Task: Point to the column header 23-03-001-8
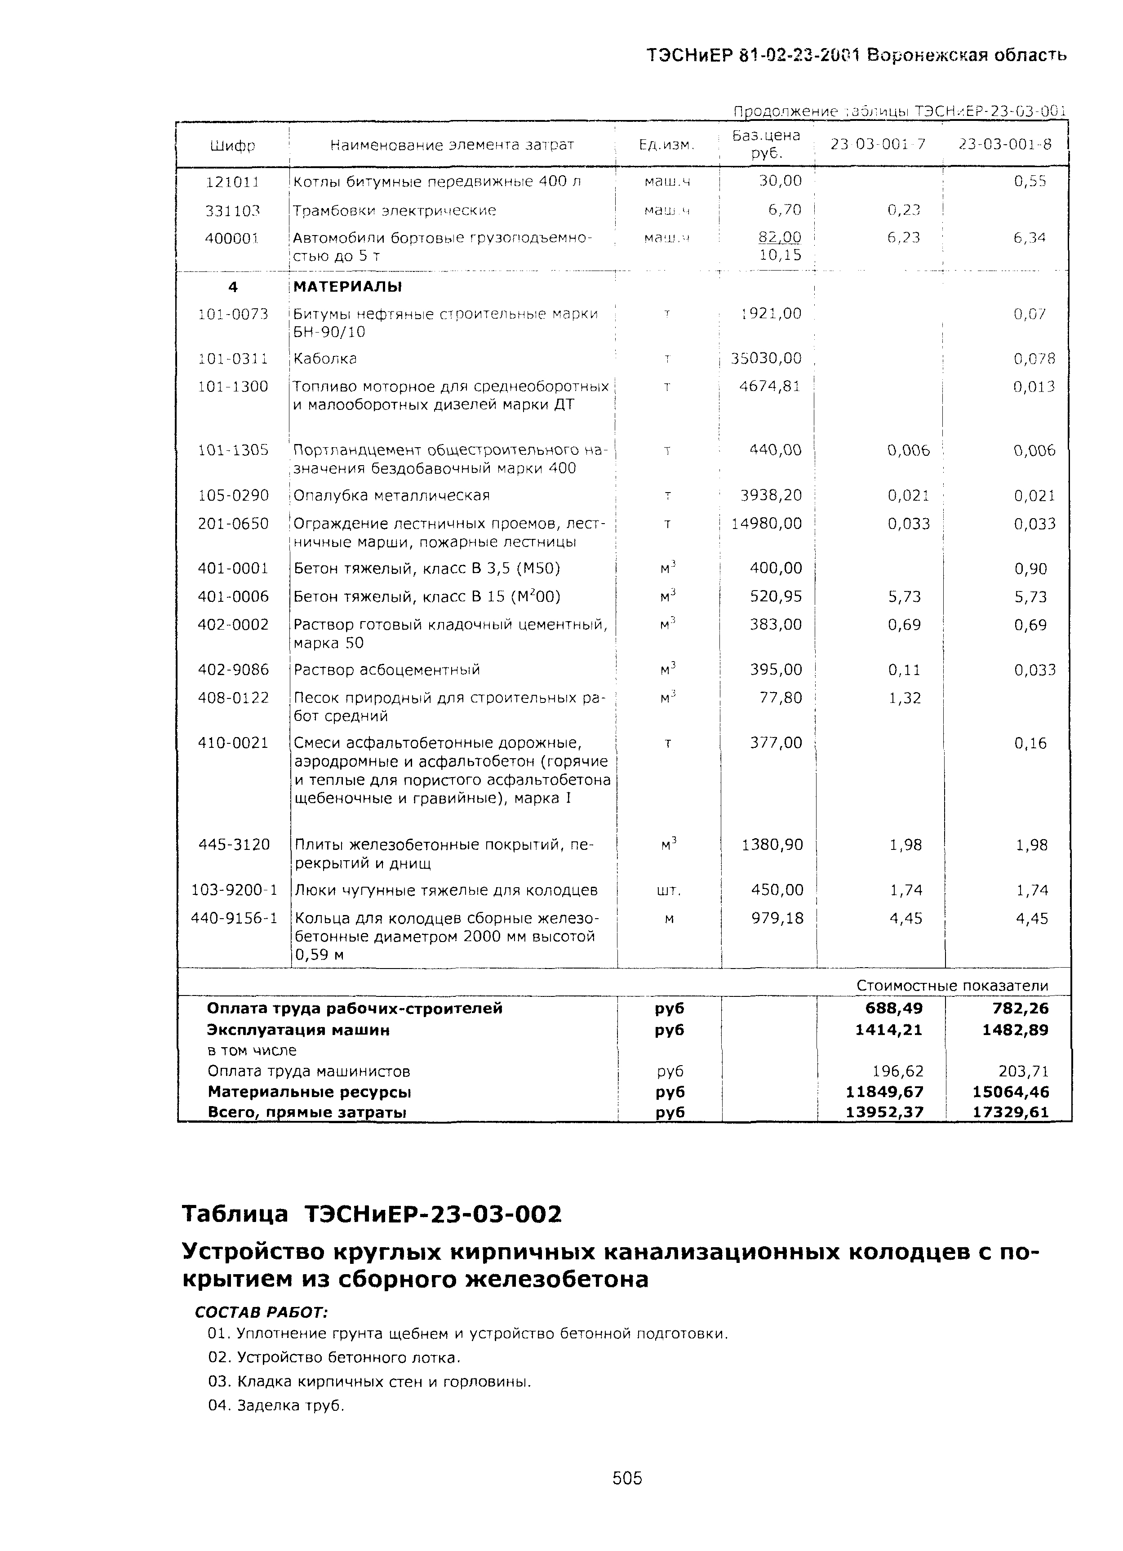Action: pos(1004,144)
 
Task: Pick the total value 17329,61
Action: pos(1010,1112)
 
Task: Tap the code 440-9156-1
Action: pos(234,919)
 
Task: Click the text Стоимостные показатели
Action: pos(951,986)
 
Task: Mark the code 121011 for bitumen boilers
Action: pos(232,182)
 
